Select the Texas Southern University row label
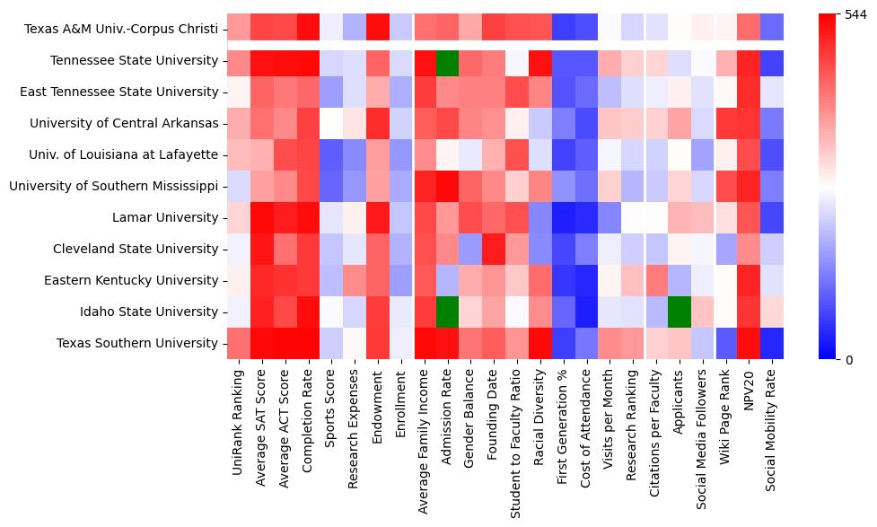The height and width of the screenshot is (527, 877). tap(137, 343)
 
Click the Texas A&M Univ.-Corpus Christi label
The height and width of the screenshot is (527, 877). tap(121, 29)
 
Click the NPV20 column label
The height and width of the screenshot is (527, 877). tap(748, 396)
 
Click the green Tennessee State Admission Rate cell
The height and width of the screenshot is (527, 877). tap(446, 60)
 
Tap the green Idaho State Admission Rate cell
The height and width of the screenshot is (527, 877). tap(446, 312)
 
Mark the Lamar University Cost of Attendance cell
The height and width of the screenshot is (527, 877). tap(586, 217)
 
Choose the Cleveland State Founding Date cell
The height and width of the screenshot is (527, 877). tap(493, 249)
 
